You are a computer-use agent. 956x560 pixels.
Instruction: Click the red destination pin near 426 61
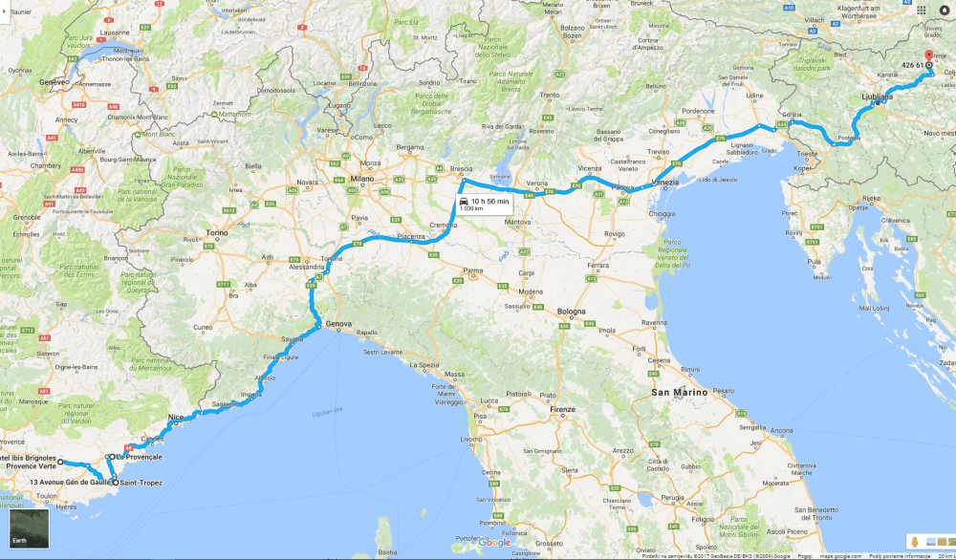click(x=928, y=56)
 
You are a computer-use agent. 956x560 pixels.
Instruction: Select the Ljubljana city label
click(x=876, y=97)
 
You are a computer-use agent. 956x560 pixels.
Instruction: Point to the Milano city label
click(x=362, y=179)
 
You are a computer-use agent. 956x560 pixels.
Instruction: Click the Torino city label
click(x=218, y=233)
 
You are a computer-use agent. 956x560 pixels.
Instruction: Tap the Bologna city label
click(x=572, y=312)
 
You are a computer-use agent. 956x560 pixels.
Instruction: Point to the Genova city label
click(x=339, y=324)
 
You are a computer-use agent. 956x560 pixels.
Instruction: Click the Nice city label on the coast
click(x=175, y=418)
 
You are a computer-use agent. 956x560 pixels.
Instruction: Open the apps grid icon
click(x=922, y=10)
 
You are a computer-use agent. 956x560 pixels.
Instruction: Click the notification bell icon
click(x=945, y=10)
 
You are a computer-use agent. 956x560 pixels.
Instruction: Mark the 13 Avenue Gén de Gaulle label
click(x=63, y=483)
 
